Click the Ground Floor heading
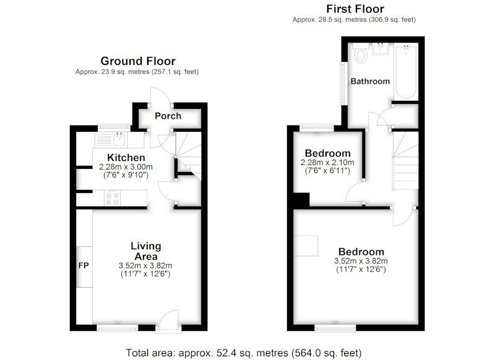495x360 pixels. tap(138, 61)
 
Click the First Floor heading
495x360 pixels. tap(355, 9)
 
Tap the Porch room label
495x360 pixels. tap(168, 116)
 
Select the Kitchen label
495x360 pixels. tap(126, 158)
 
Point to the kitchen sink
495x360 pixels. tap(119, 139)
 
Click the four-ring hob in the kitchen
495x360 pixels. tap(113, 198)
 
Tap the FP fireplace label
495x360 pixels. tap(84, 265)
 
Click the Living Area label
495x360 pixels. tap(146, 251)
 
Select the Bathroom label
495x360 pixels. tap(370, 82)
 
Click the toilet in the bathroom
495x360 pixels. tap(361, 53)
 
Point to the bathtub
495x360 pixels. tap(406, 71)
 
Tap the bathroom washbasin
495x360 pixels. tap(380, 49)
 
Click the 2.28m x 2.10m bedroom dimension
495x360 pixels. tap(327, 163)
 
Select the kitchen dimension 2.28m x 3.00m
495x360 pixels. tap(126, 166)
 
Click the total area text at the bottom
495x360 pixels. tap(244, 353)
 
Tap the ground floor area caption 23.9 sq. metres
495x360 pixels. tap(137, 72)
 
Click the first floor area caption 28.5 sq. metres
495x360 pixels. tap(354, 20)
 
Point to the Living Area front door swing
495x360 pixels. tap(169, 320)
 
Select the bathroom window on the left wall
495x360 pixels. tap(343, 84)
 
